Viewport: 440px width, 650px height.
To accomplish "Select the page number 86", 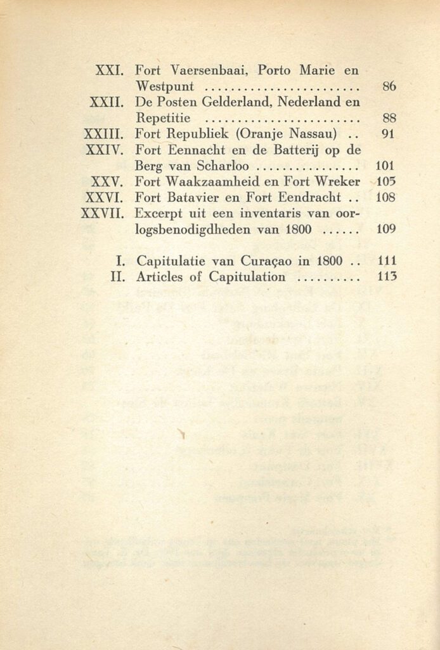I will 389,86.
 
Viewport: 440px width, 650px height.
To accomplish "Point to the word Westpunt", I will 169,86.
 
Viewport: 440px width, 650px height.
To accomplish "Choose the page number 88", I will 389,117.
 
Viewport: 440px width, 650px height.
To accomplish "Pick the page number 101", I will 386,166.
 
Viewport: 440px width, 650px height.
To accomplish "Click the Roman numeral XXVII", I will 101,213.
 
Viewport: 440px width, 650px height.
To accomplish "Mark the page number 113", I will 386,276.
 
